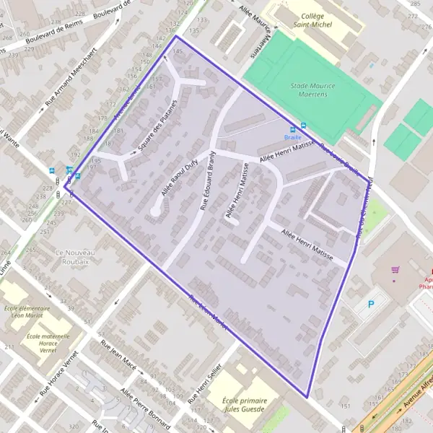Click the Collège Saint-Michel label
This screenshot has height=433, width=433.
tap(312, 21)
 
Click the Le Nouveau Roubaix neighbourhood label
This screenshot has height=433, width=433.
tap(71, 257)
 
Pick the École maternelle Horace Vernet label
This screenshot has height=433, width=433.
tap(48, 341)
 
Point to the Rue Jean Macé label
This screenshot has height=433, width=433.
tap(118, 354)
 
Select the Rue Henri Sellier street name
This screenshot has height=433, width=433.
tap(204, 382)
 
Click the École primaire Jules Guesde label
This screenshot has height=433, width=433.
tap(245, 405)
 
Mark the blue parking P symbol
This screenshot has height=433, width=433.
tap(372, 304)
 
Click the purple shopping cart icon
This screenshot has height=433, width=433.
tap(395, 271)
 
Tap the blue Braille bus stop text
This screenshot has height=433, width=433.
tap(292, 136)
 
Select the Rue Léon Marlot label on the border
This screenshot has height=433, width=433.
tap(208, 312)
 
